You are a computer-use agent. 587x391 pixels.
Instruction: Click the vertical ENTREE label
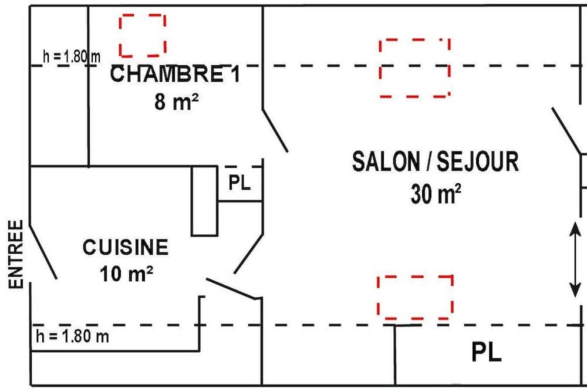click(16, 254)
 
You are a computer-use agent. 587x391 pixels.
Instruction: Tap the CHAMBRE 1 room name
click(175, 74)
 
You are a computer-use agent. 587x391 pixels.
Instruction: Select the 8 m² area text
click(176, 102)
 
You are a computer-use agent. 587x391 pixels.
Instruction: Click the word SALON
click(386, 161)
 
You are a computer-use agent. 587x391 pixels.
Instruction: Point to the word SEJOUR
click(478, 161)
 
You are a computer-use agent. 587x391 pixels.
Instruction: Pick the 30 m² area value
click(436, 194)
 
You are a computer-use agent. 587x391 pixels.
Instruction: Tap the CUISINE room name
click(126, 247)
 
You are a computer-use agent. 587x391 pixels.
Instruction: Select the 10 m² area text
click(126, 274)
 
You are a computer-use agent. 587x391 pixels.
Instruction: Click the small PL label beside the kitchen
click(239, 183)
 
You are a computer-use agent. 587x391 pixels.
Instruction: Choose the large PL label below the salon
click(486, 352)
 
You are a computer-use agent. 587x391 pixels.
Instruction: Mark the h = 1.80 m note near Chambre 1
click(72, 56)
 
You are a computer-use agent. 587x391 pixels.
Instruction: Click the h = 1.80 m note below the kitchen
click(72, 336)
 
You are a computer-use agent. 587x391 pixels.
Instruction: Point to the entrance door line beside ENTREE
click(43, 252)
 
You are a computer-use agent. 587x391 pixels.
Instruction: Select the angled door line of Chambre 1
click(275, 131)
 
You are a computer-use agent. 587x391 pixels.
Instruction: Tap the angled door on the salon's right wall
click(566, 131)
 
